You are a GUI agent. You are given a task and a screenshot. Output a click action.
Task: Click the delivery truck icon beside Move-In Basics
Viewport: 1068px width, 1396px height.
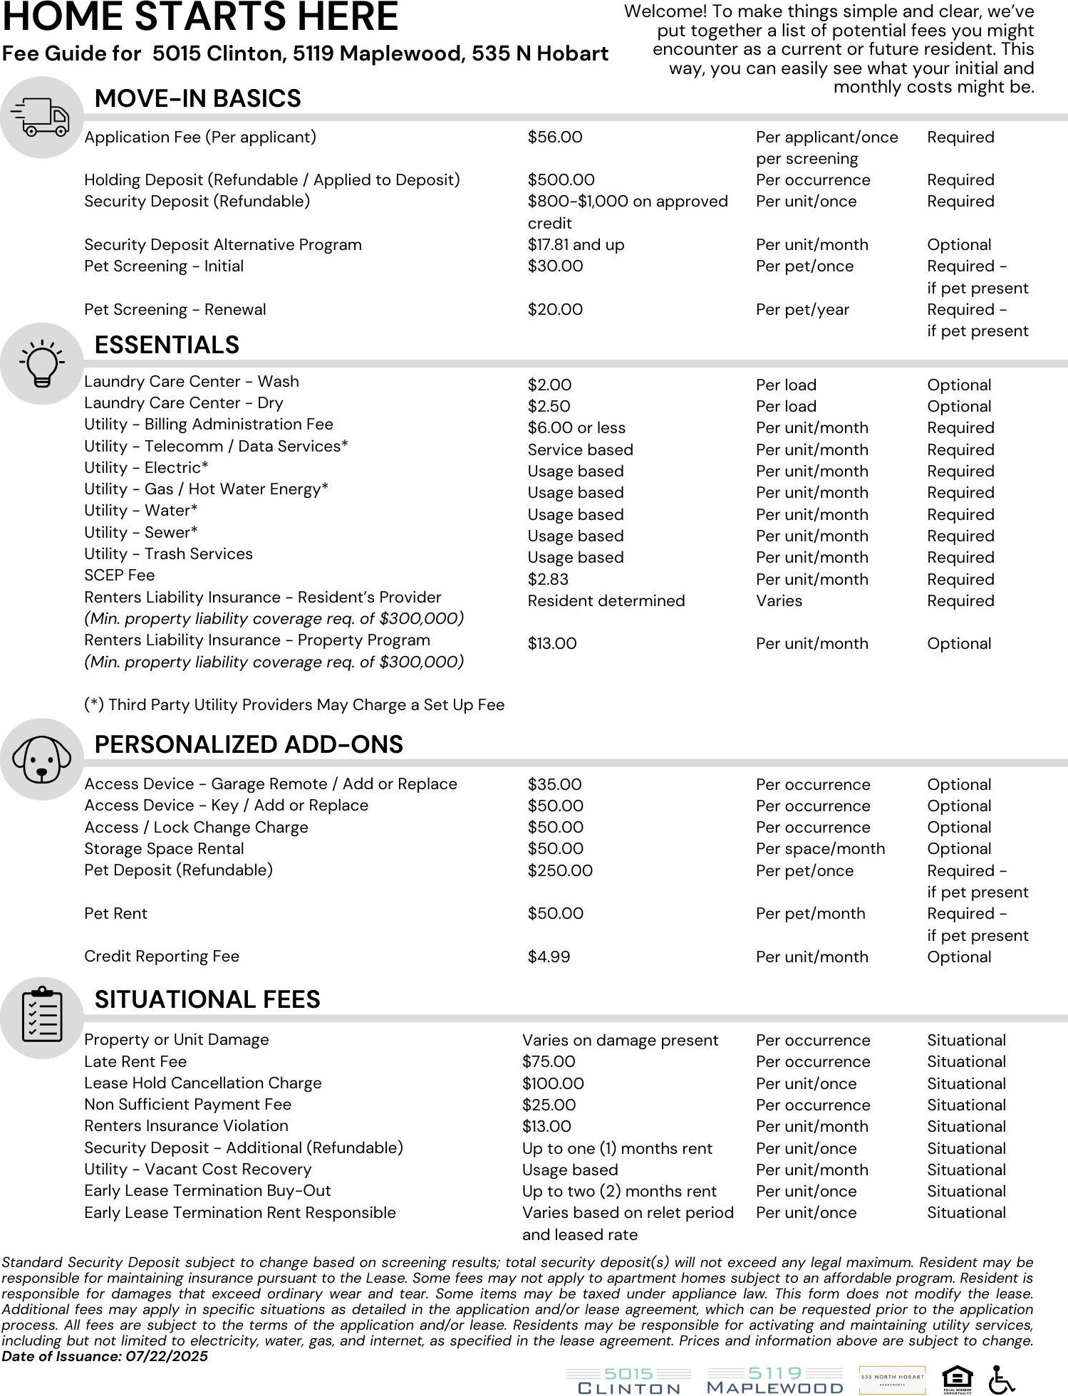(41, 118)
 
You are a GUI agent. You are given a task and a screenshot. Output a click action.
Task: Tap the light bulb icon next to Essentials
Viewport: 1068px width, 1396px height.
(41, 364)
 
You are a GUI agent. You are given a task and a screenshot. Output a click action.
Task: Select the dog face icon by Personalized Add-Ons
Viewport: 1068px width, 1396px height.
(41, 759)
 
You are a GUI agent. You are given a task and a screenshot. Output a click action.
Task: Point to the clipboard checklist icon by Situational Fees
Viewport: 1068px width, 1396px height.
(41, 1017)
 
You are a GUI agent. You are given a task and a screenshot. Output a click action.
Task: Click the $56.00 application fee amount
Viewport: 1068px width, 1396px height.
(554, 137)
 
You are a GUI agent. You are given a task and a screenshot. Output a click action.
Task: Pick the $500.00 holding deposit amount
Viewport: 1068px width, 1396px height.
(561, 180)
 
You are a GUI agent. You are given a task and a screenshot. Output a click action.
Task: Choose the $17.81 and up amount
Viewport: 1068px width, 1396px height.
(576, 245)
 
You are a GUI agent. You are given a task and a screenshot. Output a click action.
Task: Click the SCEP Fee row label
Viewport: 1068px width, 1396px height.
(119, 575)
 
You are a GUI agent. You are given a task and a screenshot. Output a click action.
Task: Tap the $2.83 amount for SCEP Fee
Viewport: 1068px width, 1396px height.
(548, 580)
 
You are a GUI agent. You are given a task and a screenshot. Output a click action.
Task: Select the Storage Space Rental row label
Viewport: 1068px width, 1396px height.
(164, 849)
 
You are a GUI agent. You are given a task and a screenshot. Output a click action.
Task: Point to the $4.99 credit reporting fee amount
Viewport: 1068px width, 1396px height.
(549, 957)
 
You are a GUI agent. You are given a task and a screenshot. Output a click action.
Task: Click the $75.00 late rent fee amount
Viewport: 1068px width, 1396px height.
(549, 1062)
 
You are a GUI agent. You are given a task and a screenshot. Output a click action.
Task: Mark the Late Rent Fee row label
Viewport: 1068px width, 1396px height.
(135, 1062)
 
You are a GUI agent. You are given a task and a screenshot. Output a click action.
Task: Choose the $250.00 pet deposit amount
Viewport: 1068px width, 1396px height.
(560, 871)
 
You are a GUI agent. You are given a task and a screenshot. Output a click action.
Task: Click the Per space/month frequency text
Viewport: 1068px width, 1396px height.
(820, 849)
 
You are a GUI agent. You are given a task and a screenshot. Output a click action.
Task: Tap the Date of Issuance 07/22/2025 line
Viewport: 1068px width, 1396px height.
(105, 1356)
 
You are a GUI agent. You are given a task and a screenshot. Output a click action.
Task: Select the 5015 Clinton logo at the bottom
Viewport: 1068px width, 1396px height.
(629, 1380)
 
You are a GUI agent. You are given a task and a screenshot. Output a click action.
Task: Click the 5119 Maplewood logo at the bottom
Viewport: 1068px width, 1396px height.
(774, 1380)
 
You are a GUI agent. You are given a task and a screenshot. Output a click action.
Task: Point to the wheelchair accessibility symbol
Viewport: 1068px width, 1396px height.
(1002, 1380)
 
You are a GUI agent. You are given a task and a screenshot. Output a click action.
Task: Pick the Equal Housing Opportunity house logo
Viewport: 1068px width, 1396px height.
(957, 1379)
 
